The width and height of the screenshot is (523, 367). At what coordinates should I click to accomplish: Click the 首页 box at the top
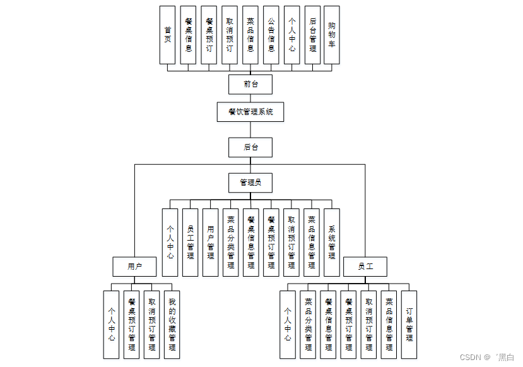click(167, 35)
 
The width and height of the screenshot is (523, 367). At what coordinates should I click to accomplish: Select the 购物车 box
click(331, 35)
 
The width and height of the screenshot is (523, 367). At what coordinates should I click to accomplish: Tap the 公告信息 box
click(271, 35)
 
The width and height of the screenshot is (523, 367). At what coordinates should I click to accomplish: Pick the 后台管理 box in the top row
click(312, 35)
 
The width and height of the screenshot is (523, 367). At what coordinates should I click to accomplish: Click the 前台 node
click(250, 83)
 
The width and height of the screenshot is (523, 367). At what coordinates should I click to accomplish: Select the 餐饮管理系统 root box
click(250, 112)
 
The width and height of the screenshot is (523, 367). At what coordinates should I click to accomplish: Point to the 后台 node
click(250, 147)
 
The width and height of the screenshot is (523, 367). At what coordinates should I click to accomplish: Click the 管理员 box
click(250, 183)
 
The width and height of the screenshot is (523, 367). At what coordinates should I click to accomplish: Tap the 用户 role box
click(134, 267)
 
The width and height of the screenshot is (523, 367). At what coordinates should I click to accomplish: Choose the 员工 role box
click(365, 267)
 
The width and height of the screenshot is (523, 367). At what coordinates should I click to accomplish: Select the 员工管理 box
click(190, 243)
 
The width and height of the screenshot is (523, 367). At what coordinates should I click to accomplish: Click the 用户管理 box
click(210, 243)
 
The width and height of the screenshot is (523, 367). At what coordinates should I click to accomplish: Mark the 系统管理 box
click(331, 243)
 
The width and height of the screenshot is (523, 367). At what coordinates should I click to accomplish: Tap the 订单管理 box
click(409, 325)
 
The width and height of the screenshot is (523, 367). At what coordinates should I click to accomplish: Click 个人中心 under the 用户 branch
click(111, 325)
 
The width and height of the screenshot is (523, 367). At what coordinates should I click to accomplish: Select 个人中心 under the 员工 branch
click(288, 325)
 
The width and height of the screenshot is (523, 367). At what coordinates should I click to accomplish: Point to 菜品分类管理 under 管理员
click(230, 243)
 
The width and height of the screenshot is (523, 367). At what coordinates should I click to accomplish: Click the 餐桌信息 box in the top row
click(188, 35)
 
